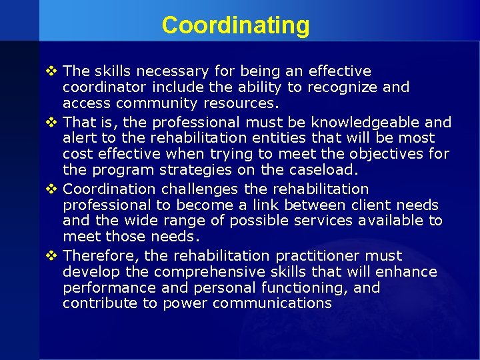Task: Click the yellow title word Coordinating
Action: (235, 25)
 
